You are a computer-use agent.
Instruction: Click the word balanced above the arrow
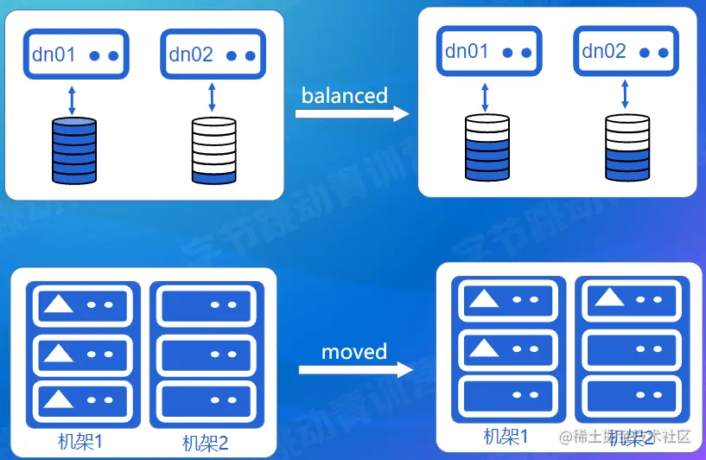pos(344,95)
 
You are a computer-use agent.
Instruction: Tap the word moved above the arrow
pos(354,352)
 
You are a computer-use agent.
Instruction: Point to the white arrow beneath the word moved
pos(355,369)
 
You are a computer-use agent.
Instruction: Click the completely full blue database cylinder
pos(73,151)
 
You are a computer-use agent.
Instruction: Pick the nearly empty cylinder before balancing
pos(213,151)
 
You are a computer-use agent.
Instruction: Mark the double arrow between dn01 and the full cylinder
pos(73,98)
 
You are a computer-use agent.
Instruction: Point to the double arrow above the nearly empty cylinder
pos(213,98)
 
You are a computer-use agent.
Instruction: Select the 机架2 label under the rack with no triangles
pos(206,443)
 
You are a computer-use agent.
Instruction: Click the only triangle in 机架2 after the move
pos(610,297)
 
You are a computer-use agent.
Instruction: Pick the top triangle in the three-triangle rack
pos(59,303)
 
